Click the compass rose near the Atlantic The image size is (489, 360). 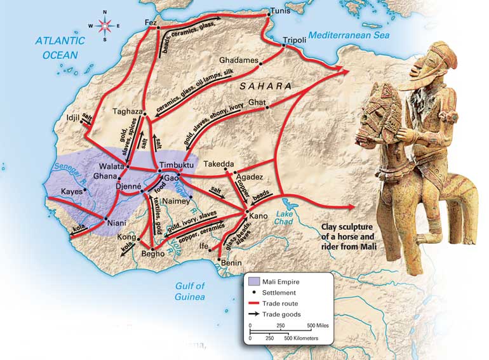[105, 25]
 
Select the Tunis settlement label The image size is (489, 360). [279, 11]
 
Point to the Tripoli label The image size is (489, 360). [294, 39]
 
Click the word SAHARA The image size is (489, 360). [266, 86]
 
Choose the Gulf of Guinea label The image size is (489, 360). [190, 291]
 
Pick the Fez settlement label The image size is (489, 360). [151, 23]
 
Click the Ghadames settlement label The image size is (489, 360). [238, 60]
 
